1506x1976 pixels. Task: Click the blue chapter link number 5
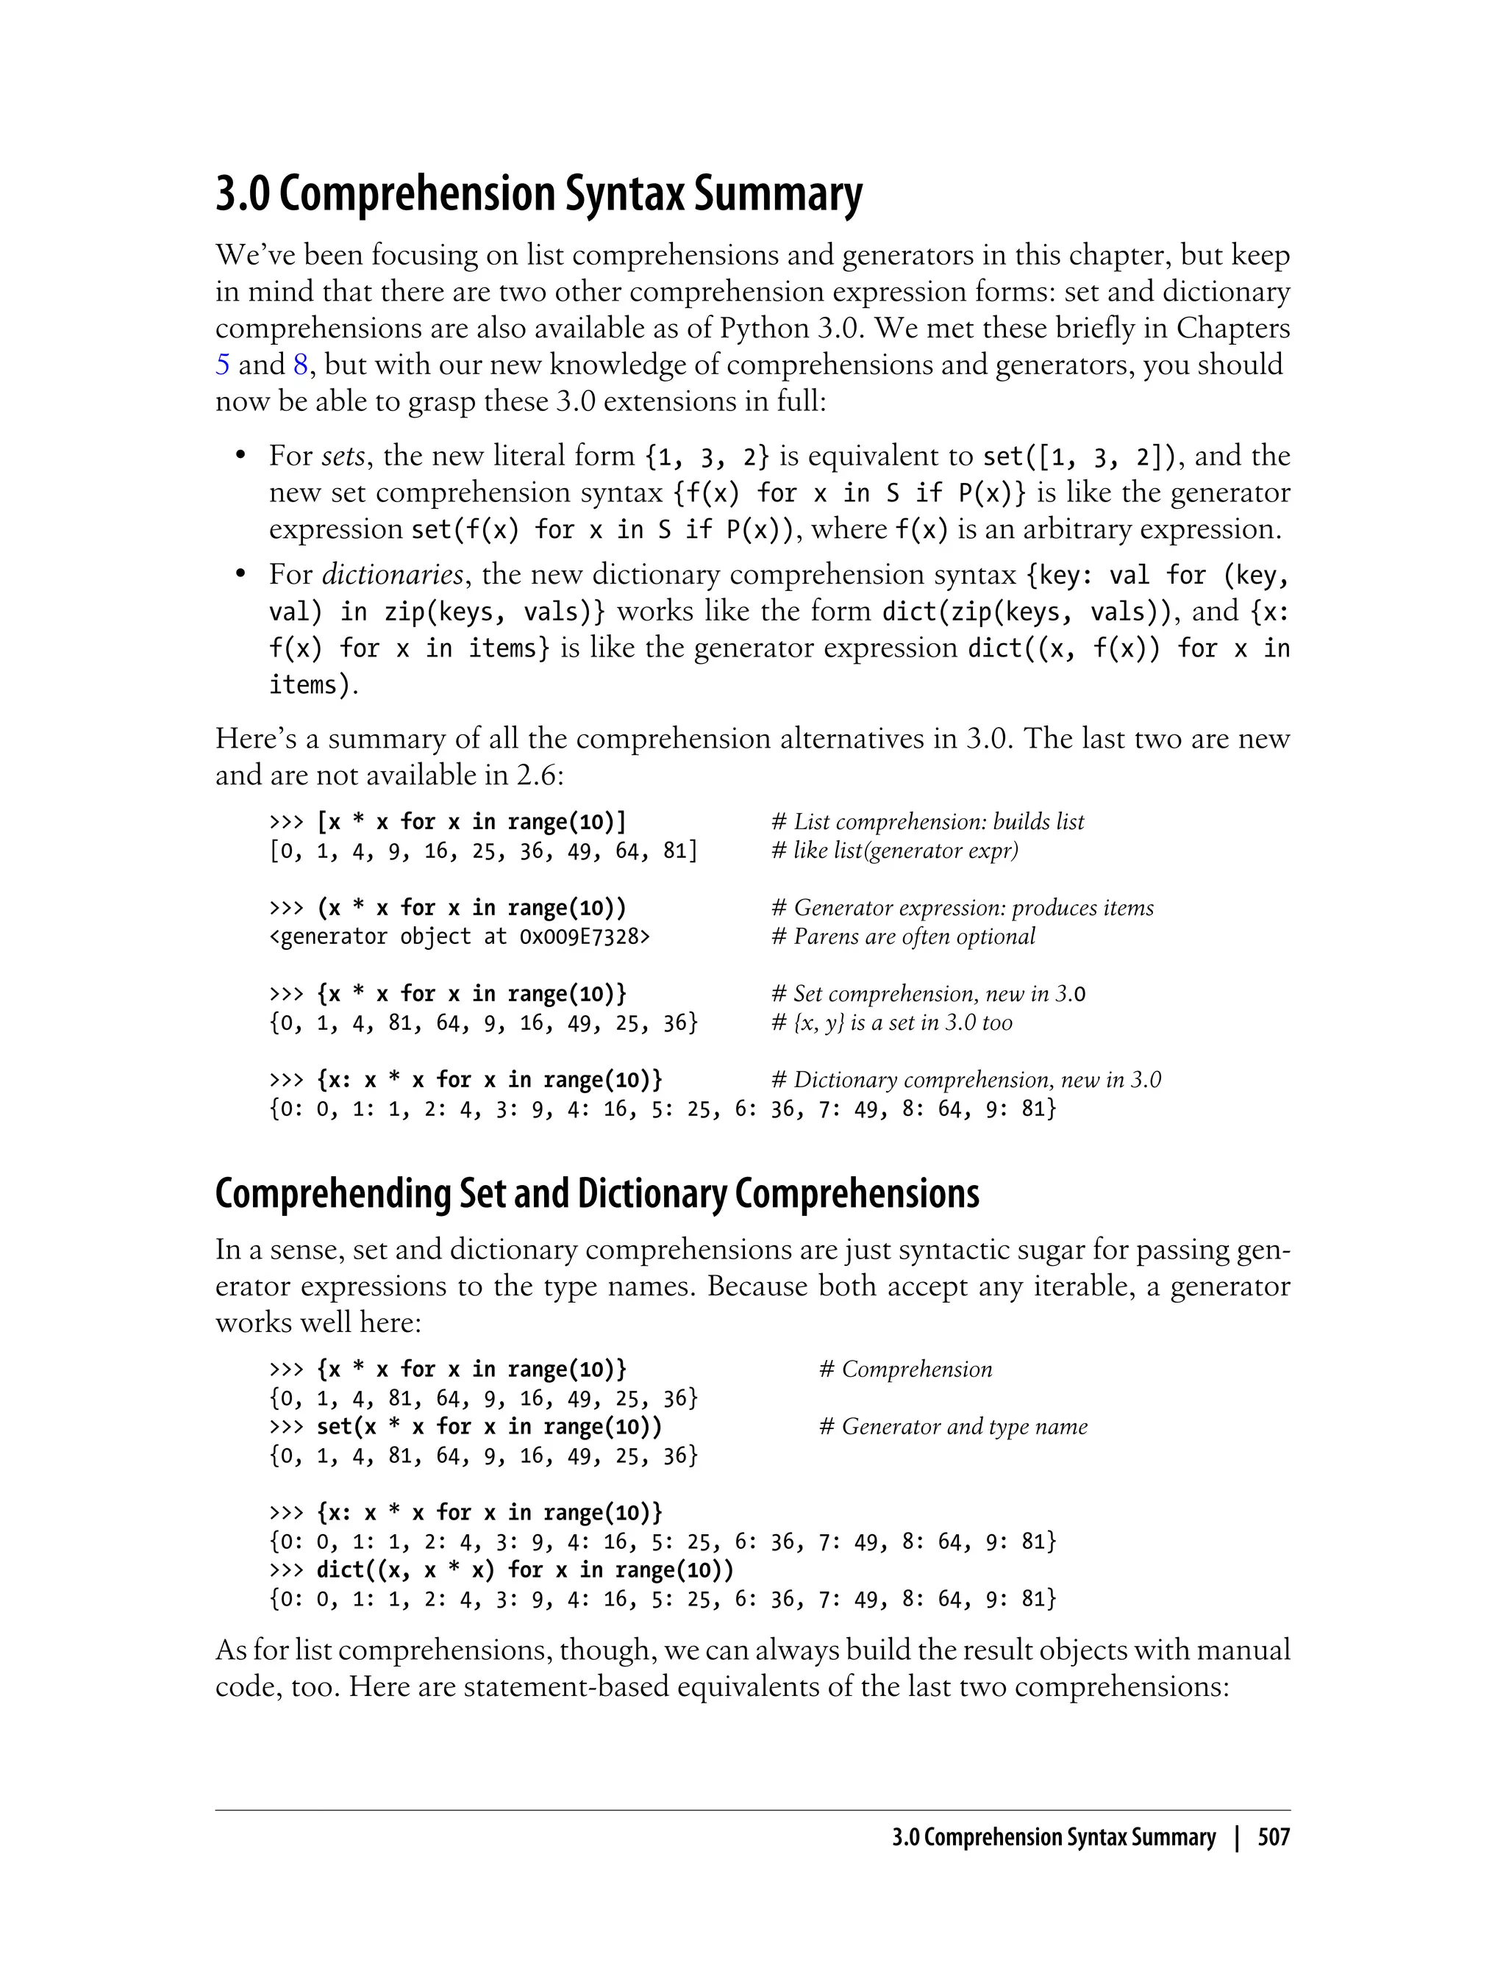point(222,365)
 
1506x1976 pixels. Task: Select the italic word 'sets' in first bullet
point(343,456)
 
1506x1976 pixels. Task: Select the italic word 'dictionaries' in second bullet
point(392,574)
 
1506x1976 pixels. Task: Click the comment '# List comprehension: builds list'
point(928,822)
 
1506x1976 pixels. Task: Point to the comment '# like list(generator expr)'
point(895,851)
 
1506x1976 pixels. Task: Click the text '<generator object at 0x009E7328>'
point(460,937)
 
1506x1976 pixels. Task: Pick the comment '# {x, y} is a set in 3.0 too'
point(892,1023)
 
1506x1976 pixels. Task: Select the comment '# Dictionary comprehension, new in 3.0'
point(966,1080)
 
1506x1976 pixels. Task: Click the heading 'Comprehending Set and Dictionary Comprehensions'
point(597,1194)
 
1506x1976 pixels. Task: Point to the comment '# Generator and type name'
point(953,1427)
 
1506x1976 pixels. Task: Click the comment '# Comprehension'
point(905,1370)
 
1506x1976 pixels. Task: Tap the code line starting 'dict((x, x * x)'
point(524,1570)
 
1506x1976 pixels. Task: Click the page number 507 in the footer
point(1273,1838)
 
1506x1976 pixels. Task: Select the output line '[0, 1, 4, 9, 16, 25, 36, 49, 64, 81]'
point(483,851)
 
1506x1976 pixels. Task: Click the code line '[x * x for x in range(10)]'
point(471,822)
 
